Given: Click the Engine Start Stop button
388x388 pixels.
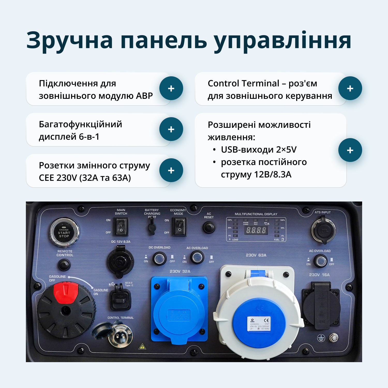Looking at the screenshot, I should (x=64, y=232).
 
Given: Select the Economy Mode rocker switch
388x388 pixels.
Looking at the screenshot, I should (x=179, y=227).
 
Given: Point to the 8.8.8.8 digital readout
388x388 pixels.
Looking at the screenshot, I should (x=256, y=230).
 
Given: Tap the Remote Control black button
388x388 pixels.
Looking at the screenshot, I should (x=64, y=265).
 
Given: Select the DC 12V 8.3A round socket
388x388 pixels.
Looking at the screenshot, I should (x=120, y=262).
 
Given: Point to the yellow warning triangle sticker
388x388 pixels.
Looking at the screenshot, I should (x=142, y=347).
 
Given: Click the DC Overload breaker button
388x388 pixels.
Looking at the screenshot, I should (x=159, y=258).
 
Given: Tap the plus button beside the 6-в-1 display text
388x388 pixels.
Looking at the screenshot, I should (x=171, y=129).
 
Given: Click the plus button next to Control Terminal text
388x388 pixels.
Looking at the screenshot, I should (x=350, y=88).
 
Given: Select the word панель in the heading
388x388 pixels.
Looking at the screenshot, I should (x=163, y=41).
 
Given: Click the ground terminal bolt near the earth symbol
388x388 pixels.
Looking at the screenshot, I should (x=333, y=338).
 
